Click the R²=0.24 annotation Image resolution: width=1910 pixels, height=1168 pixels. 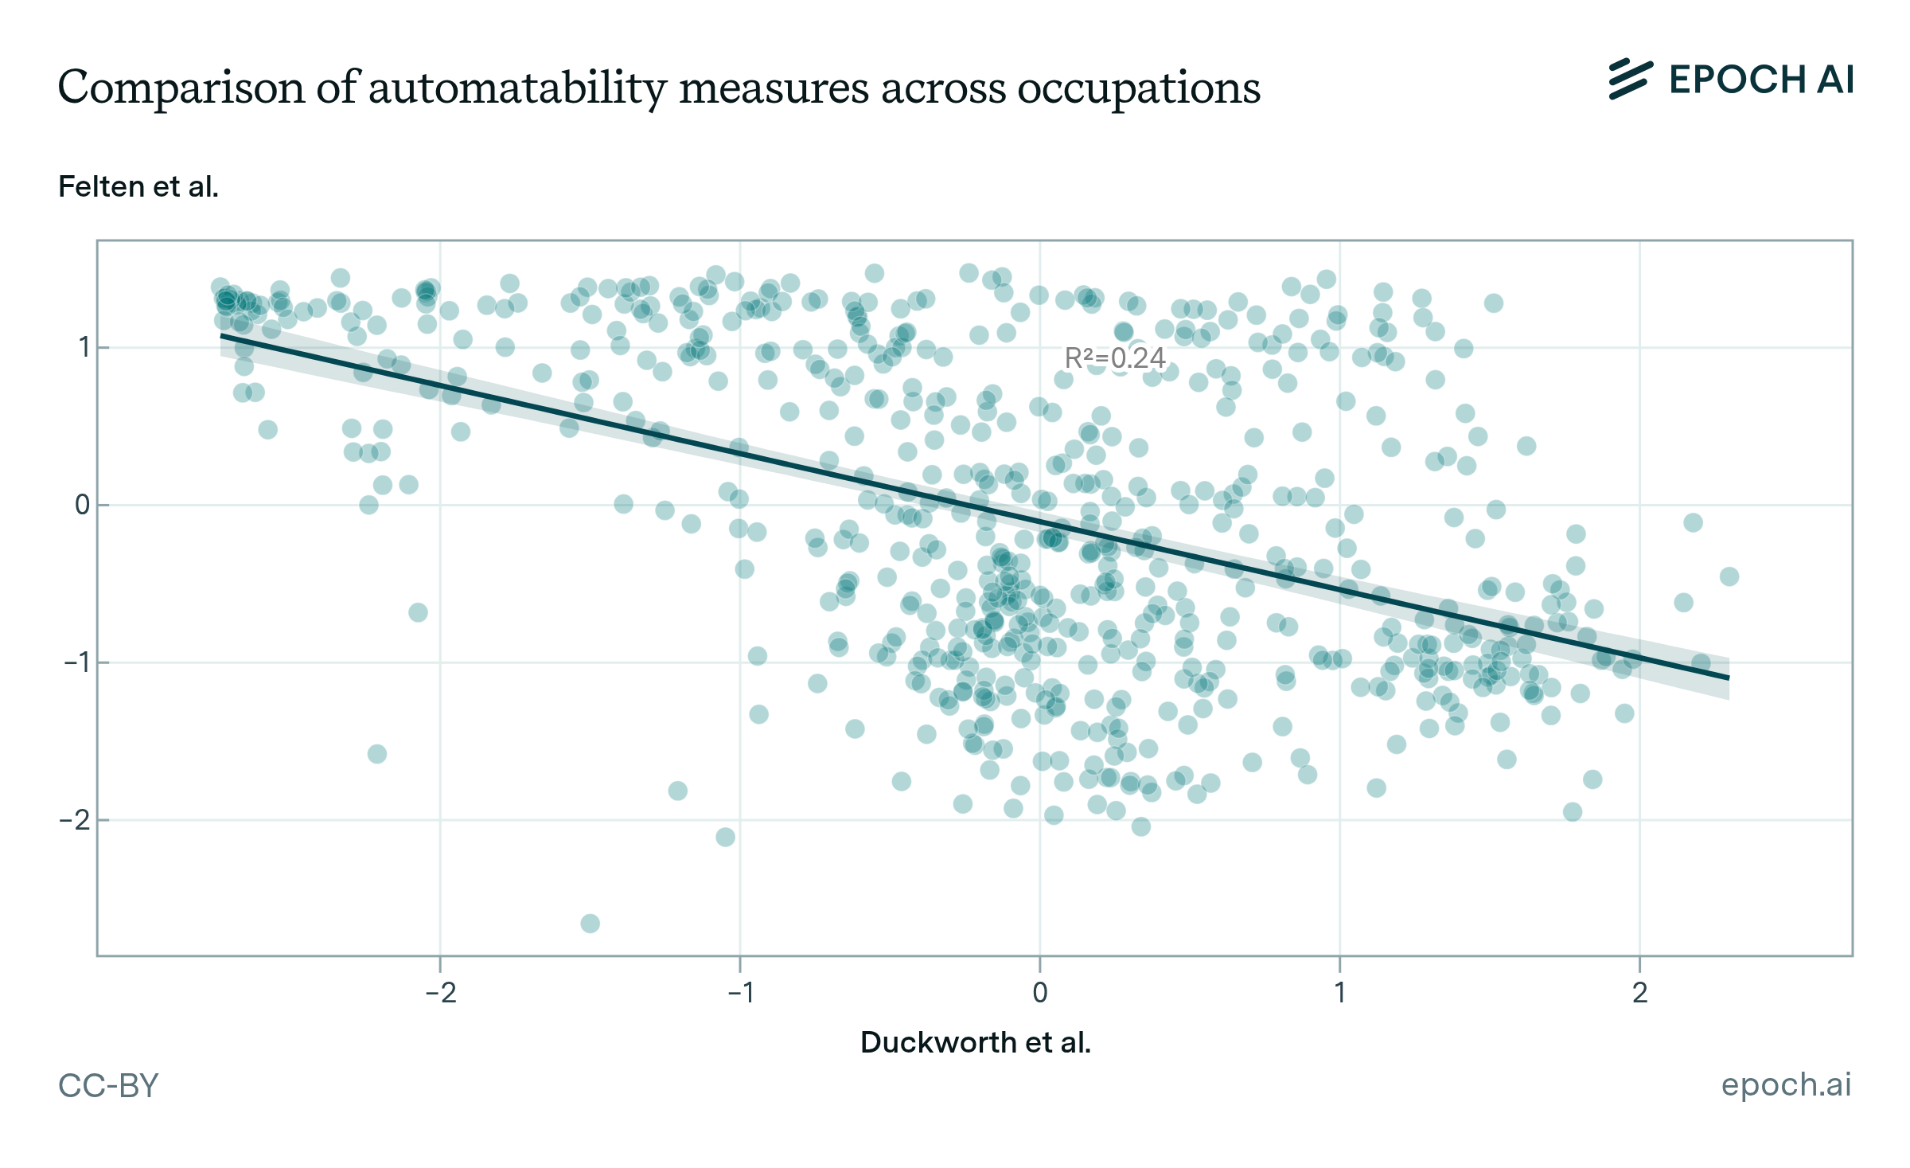click(1115, 358)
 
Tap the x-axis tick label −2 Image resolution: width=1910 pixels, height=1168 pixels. click(440, 993)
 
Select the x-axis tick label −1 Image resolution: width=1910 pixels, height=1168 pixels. click(740, 993)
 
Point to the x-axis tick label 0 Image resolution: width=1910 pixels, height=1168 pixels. click(1039, 993)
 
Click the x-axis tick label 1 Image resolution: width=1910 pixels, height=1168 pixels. click(1339, 993)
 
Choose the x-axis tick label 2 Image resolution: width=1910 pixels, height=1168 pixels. click(1639, 993)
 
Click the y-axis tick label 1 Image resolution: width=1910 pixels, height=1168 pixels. click(83, 348)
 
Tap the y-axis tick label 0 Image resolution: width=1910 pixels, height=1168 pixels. click(82, 505)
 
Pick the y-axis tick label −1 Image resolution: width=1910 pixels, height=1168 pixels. click(76, 662)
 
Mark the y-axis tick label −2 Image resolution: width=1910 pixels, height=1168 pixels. click(76, 820)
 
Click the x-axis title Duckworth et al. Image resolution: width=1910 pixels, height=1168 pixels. click(975, 1042)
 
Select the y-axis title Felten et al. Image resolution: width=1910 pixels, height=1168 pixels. click(138, 186)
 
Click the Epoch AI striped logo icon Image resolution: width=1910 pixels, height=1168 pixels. click(1630, 80)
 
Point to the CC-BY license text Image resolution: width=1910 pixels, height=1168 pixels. click(108, 1085)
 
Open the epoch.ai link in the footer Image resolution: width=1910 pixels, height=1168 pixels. click(1786, 1084)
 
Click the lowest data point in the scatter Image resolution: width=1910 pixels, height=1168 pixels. click(590, 924)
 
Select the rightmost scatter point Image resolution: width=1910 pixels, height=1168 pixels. click(1729, 576)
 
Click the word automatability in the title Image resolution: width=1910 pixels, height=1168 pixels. click(517, 88)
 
